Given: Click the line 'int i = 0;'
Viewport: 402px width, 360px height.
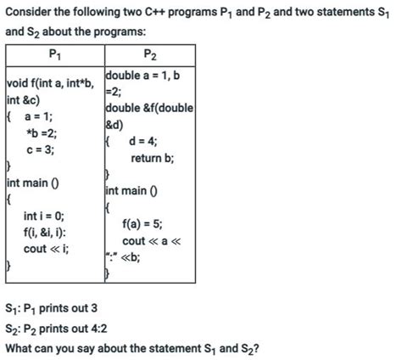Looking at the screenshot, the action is pos(43,216).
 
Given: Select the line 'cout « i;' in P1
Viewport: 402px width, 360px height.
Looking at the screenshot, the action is pos(47,248).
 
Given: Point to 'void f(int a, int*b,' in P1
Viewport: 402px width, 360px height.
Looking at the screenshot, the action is pos(48,83).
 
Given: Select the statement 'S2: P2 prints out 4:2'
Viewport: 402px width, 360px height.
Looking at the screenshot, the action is pos(58,328).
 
